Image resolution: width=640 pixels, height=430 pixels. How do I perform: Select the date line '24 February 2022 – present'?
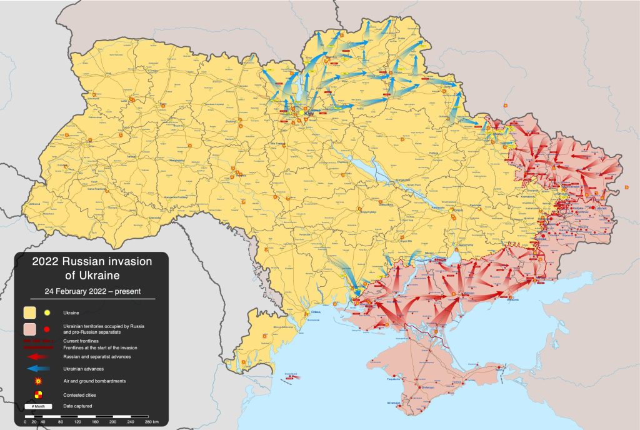click(91, 291)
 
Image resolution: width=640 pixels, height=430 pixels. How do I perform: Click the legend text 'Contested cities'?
click(80, 395)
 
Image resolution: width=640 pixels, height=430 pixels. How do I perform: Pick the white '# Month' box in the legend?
click(39, 407)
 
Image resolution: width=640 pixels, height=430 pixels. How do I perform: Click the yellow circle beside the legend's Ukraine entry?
click(47, 312)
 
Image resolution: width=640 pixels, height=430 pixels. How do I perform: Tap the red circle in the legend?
click(47, 329)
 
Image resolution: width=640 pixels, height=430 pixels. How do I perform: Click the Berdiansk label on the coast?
click(513, 301)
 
